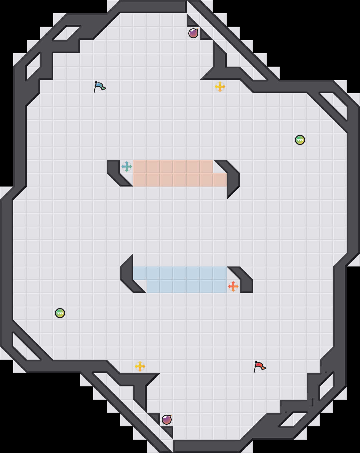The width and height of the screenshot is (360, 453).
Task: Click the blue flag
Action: click(x=99, y=87)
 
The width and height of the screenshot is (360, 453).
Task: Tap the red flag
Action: click(x=259, y=366)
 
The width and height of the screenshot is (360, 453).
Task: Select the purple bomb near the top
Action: click(x=193, y=33)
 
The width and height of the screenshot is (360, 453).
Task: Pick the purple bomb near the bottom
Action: click(x=167, y=419)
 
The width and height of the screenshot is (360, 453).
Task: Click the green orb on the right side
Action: click(x=300, y=140)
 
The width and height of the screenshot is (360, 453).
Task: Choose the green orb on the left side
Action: click(x=60, y=313)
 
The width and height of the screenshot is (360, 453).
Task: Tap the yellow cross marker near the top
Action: click(x=220, y=87)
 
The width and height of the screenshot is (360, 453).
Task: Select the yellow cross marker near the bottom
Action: click(x=140, y=366)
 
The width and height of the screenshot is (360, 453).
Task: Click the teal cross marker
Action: click(x=127, y=167)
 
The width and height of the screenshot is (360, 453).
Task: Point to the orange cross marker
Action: click(x=233, y=286)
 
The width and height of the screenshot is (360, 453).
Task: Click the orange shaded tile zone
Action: click(x=173, y=173)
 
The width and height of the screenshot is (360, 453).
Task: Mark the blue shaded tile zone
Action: click(x=180, y=280)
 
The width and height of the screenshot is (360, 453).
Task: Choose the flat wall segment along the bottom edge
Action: click(x=207, y=446)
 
